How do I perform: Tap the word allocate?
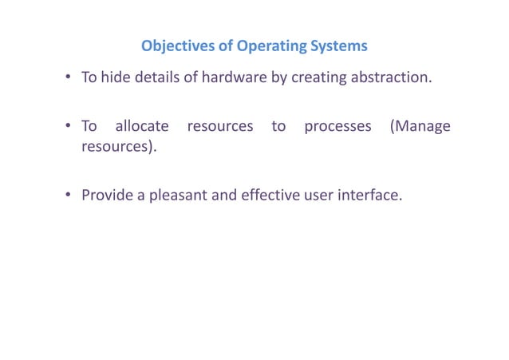click(x=142, y=126)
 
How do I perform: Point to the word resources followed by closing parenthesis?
click(x=116, y=148)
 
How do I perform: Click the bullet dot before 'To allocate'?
click(x=69, y=127)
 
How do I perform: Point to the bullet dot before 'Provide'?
click(x=69, y=195)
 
